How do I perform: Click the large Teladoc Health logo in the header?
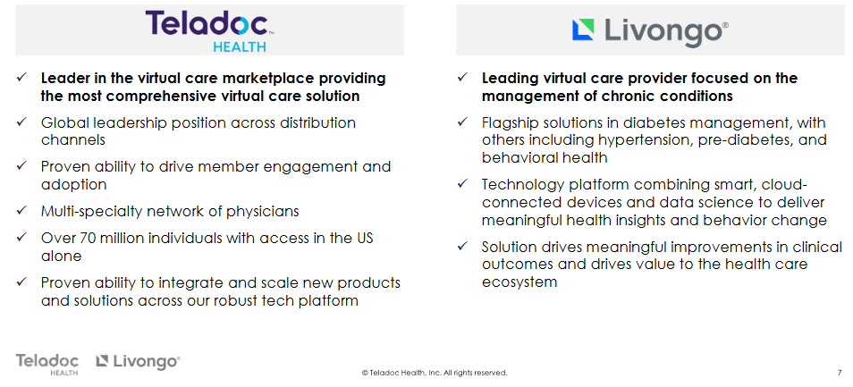coord(209,30)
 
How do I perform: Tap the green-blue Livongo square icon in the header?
coord(583,29)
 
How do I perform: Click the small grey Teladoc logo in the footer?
coord(47,364)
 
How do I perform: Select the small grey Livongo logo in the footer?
coord(138,360)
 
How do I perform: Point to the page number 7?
coord(839,373)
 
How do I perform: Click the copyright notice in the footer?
coord(435,373)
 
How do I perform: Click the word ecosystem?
coord(519,282)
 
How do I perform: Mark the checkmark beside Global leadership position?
coord(21,122)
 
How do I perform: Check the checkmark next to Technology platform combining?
coord(462,184)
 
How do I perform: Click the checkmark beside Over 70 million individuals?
coord(21,238)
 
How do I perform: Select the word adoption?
coord(73,185)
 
